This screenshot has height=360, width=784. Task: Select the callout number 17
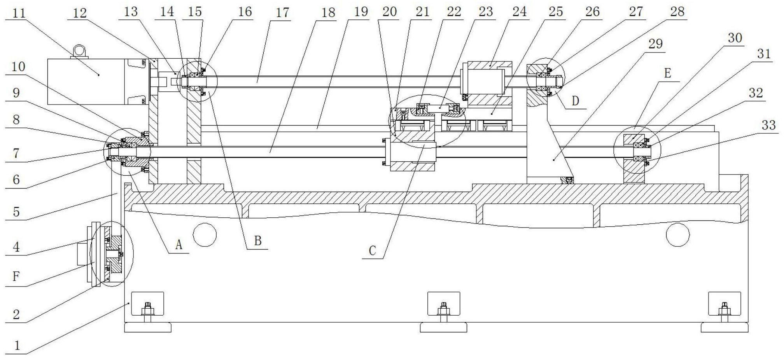282,12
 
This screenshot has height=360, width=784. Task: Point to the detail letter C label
372,251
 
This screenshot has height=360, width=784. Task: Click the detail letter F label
16,276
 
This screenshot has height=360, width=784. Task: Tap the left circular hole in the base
205,234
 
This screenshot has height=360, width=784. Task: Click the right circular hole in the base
678,234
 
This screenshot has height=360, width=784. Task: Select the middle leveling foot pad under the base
443,328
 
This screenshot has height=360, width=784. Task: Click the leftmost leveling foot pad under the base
148,328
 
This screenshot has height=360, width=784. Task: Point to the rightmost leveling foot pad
724,328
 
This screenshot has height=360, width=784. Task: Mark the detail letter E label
668,73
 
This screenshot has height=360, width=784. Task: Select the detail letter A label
178,245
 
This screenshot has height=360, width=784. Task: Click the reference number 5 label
16,212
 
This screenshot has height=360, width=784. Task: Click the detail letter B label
258,241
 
